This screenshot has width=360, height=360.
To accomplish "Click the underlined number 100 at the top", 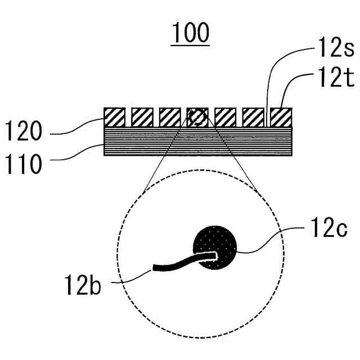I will [190, 34].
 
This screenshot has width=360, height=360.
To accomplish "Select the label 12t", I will [334, 80].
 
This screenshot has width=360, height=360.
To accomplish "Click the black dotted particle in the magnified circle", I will [216, 247].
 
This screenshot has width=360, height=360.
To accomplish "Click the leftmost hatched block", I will [114, 117].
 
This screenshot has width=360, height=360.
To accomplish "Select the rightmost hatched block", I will [281, 117].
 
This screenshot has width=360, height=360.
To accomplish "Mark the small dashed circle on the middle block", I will [197, 117].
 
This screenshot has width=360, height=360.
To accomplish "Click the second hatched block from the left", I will [142, 117].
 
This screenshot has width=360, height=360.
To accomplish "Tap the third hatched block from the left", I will [169, 117].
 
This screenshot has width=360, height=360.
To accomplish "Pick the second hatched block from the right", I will [253, 117].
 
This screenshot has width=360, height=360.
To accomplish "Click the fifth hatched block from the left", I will [225, 117].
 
